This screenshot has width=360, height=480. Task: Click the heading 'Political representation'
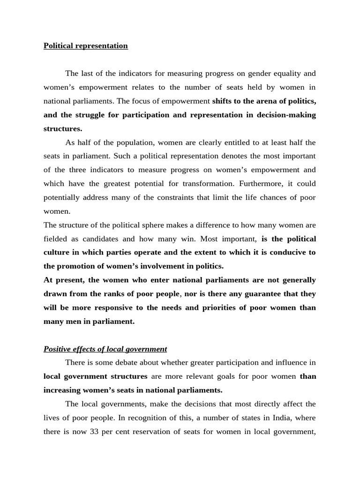pyautogui.click(x=85, y=46)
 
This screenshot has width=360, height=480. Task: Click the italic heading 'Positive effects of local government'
pyautogui.click(x=105, y=349)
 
